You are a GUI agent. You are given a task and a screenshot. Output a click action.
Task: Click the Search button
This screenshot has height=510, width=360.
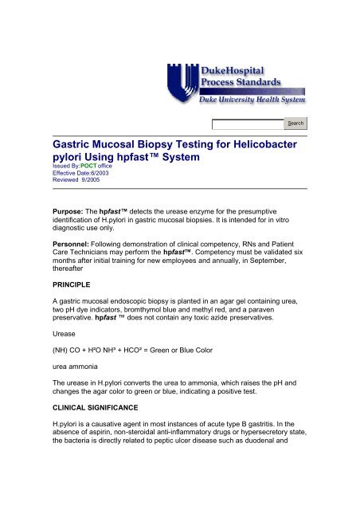pos(295,124)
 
